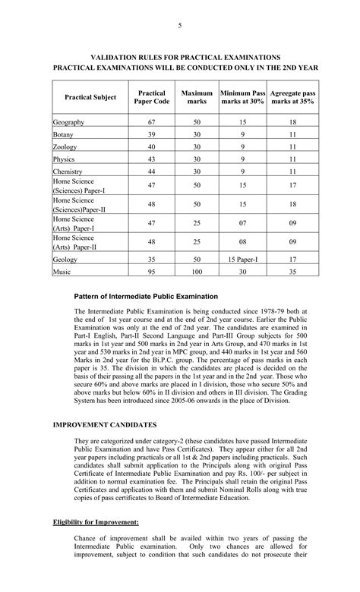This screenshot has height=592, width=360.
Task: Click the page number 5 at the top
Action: click(x=180, y=27)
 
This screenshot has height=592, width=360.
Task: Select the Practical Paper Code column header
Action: click(x=152, y=97)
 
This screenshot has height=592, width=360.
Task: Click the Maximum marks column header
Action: click(x=197, y=97)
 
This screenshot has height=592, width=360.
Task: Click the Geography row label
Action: click(x=68, y=122)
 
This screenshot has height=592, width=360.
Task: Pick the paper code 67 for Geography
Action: click(x=152, y=122)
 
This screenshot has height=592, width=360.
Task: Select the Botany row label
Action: click(x=64, y=135)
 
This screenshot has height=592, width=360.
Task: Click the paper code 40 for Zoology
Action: click(x=152, y=147)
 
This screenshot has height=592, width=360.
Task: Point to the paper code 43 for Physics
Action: click(x=152, y=160)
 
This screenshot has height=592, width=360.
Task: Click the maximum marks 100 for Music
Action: click(x=197, y=272)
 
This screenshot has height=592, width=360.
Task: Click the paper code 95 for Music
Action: click(x=152, y=272)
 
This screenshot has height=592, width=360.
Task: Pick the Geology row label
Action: click(x=65, y=259)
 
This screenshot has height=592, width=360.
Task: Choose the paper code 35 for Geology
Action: click(x=152, y=259)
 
